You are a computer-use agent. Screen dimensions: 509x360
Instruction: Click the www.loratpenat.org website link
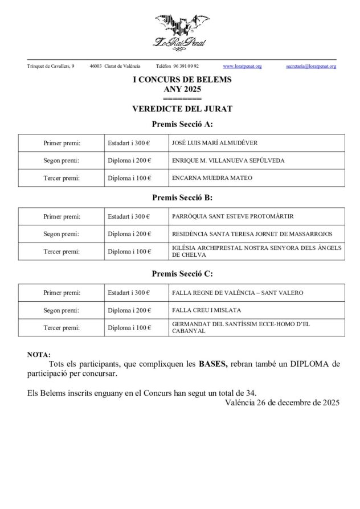coord(242,67)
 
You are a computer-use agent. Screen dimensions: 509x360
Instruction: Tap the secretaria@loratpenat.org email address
coord(311,67)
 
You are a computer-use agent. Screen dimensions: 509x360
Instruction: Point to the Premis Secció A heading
coord(182,124)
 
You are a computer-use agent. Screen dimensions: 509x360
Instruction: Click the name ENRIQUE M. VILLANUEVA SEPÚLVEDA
coord(228,161)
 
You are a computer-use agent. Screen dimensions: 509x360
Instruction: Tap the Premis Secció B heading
coord(182,198)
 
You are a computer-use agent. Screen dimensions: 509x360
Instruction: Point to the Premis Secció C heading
coord(182,274)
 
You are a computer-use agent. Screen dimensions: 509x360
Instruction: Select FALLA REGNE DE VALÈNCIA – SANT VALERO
coord(237,293)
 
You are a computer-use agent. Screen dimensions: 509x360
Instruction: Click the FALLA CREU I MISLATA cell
coord(206,310)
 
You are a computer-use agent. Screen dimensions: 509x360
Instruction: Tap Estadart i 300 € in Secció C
coord(129,293)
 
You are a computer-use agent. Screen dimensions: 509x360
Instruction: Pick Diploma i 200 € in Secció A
coord(129,161)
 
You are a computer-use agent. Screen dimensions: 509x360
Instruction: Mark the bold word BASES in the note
coord(213,364)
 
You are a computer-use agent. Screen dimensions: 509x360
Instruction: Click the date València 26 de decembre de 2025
coord(282,403)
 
